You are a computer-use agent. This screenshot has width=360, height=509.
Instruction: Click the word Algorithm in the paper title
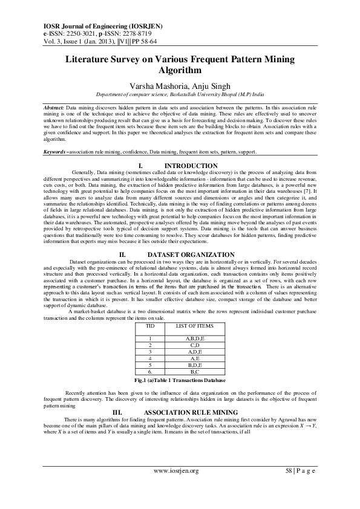[x=180, y=70]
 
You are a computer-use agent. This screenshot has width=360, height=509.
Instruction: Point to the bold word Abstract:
[x=54, y=107]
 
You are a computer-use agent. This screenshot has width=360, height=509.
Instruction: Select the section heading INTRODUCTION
[x=191, y=166]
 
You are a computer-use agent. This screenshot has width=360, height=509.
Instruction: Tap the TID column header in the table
[x=151, y=326]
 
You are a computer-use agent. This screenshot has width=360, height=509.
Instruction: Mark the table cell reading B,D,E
[x=194, y=366]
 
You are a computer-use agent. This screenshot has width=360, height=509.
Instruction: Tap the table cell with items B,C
[x=194, y=373]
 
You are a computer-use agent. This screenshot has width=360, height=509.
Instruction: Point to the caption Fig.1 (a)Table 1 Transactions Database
[x=180, y=381]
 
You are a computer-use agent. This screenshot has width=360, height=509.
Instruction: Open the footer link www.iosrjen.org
[x=177, y=471]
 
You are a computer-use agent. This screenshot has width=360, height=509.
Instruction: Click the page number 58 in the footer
[x=289, y=471]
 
